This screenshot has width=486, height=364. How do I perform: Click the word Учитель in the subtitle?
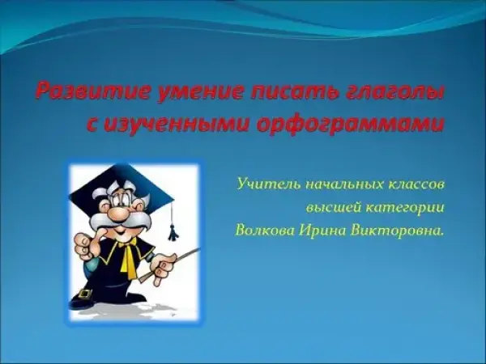(268, 184)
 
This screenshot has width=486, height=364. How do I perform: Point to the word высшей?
(333, 208)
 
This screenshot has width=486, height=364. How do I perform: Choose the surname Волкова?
(264, 231)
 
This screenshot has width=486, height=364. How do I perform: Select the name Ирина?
(322, 231)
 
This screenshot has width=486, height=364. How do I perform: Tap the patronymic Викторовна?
(396, 231)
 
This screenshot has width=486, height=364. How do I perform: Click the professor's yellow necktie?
(128, 259)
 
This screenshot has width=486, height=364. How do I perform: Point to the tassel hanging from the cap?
(173, 231)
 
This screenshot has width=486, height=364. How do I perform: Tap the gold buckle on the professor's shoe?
(85, 294)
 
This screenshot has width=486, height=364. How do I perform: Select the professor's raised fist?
(83, 245)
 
